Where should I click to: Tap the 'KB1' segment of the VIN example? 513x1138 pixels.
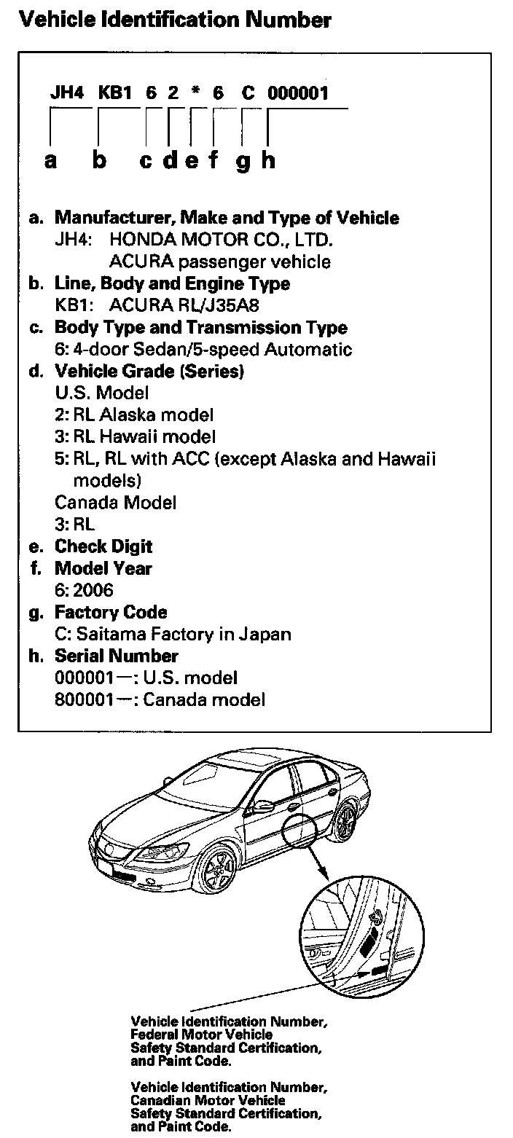(x=114, y=93)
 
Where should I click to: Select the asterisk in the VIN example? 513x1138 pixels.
(x=195, y=93)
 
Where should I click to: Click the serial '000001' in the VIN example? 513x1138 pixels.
(x=298, y=93)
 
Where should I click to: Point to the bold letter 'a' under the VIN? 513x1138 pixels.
(x=50, y=161)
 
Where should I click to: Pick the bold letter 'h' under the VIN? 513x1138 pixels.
(x=268, y=160)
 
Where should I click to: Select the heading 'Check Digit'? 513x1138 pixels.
(x=103, y=546)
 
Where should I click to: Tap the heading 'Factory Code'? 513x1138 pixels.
(x=111, y=612)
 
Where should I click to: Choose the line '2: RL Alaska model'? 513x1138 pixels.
(x=135, y=415)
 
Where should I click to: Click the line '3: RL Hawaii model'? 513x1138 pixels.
(x=136, y=437)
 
